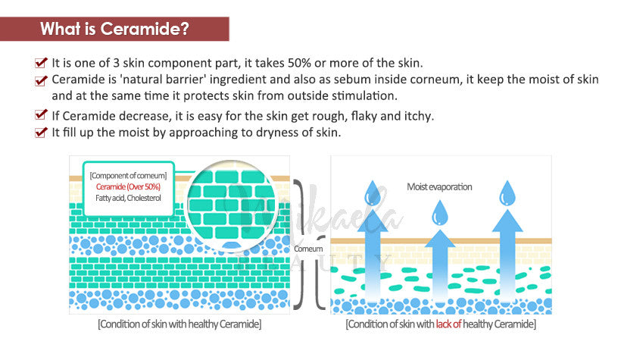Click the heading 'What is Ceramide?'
[x=114, y=29]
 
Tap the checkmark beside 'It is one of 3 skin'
[x=41, y=62]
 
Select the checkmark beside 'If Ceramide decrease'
[x=41, y=115]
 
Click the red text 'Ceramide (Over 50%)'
[x=128, y=186]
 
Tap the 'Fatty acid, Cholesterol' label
[x=128, y=198]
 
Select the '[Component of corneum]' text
[x=128, y=176]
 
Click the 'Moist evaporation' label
[x=439, y=186]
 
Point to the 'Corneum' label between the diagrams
[x=308, y=249]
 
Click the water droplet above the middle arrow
[x=439, y=213]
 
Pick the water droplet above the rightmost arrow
[x=507, y=193]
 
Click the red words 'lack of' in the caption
[x=448, y=324]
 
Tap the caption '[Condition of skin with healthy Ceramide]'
[x=179, y=324]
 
